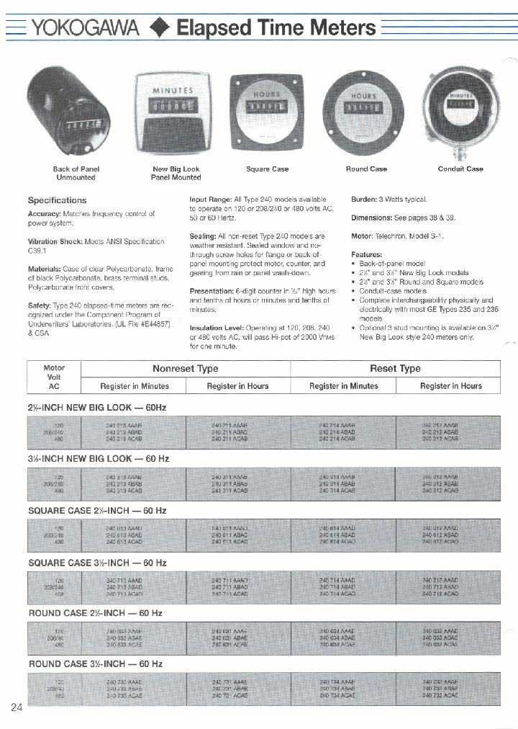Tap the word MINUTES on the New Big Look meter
[173, 91]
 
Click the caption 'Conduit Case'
[460, 169]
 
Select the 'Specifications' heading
[57, 200]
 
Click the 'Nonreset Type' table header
[186, 368]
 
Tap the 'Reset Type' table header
[395, 368]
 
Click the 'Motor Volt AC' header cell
[54, 377]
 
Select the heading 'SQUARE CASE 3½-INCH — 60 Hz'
[97, 562]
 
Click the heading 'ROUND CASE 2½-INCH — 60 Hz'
[95, 613]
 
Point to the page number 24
[17, 707]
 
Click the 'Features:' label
[367, 254]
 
